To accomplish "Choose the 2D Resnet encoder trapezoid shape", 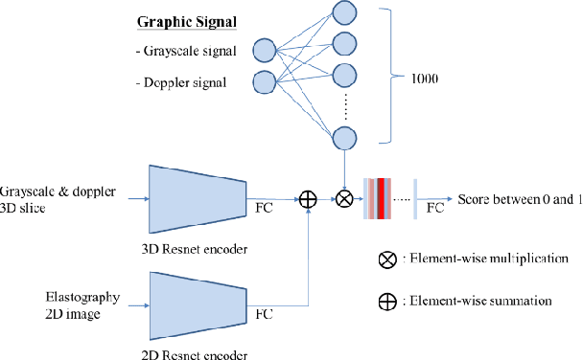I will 197,305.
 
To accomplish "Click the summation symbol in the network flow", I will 308,199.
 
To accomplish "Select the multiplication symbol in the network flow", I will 344,199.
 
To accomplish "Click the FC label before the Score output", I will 433,207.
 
